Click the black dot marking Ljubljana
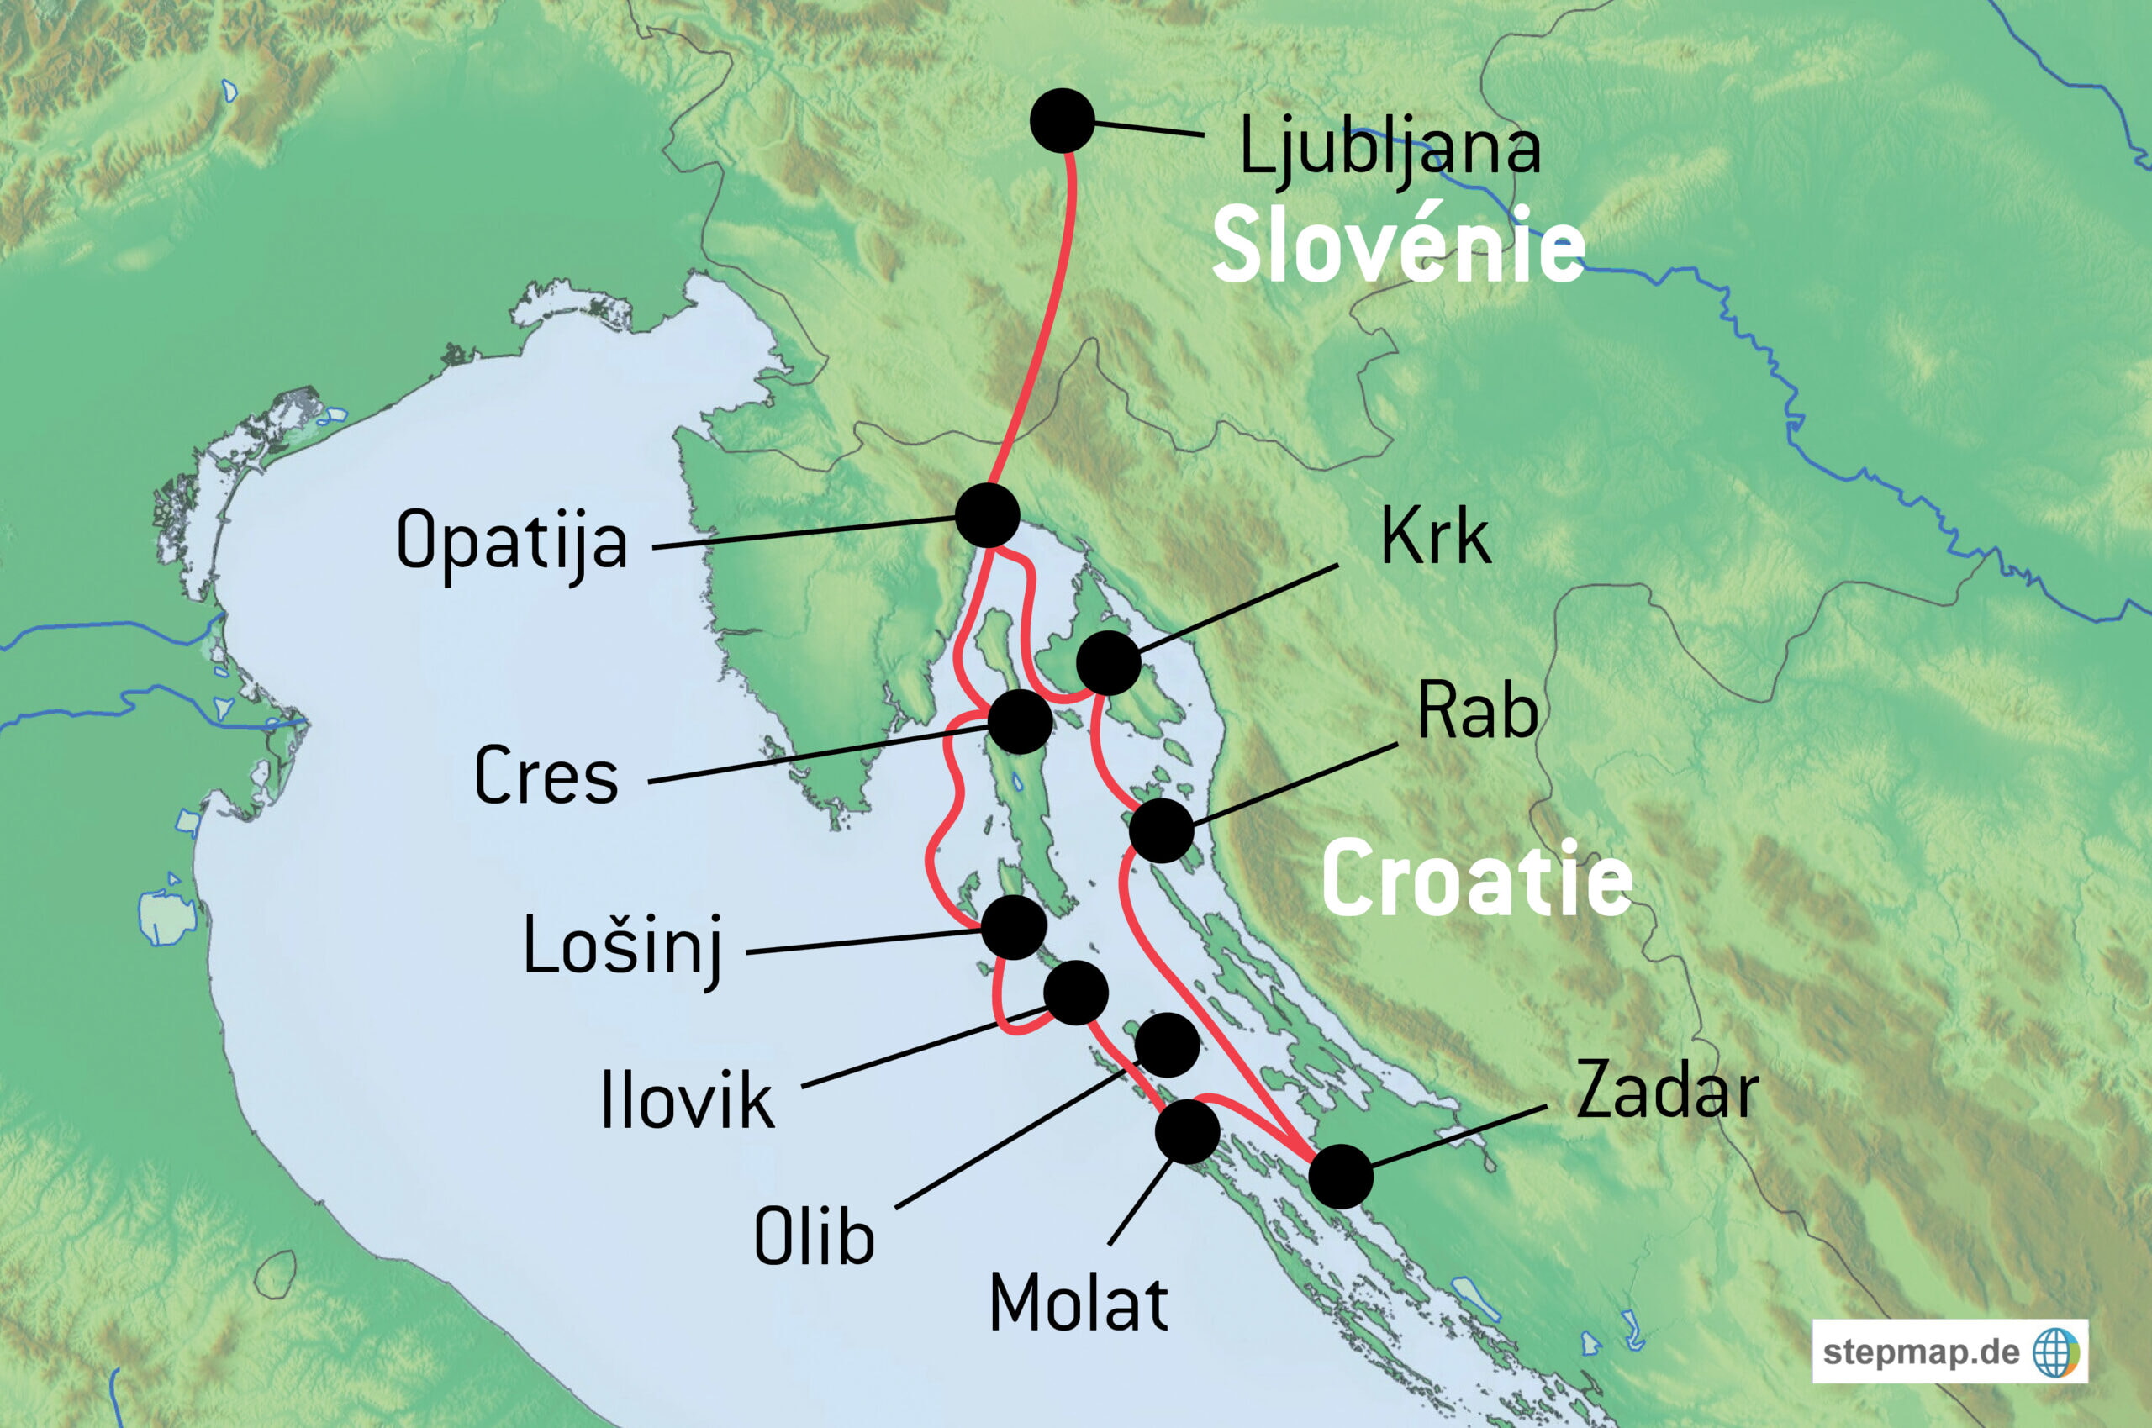(1062, 120)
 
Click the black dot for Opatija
(987, 515)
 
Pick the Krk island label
(1435, 537)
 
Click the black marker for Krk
(1108, 663)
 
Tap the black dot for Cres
(1020, 721)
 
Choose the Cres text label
(546, 776)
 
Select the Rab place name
(1477, 712)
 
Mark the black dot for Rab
(1161, 830)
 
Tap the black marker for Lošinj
(1014, 927)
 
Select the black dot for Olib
(1168, 1045)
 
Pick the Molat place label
(1079, 1304)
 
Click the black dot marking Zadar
(1341, 1177)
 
